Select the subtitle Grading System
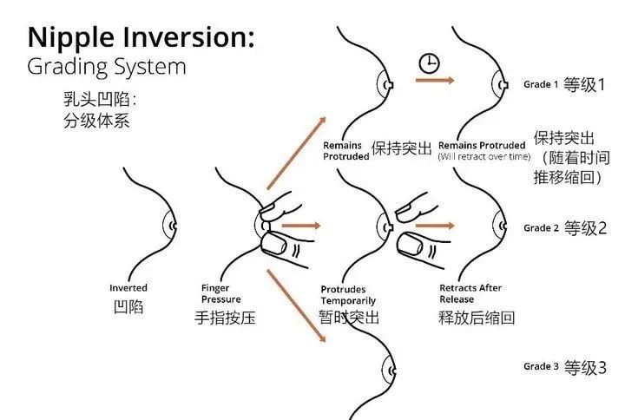coord(107,66)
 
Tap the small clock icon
coord(428,62)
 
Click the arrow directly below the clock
coord(435,81)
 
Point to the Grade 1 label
coord(541,85)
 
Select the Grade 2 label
coord(541,228)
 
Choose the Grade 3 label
coord(541,366)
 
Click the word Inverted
coord(128,288)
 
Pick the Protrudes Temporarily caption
coord(344,295)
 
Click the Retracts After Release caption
coord(470,293)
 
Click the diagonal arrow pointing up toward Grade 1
coord(296,154)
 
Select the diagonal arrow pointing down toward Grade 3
coord(296,304)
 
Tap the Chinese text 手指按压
coord(226,318)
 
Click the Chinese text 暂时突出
coord(349,318)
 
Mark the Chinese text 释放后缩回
coord(477,318)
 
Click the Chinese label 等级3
coord(582,366)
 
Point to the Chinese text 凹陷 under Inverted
coord(128,307)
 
